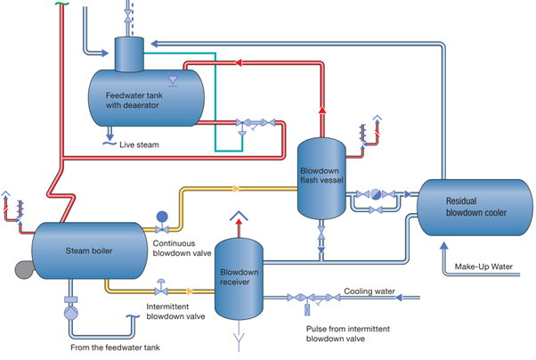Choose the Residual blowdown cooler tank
point(469,208)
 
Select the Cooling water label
point(368,290)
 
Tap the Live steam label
point(142,141)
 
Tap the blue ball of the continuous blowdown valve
point(161,216)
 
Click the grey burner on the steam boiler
point(20,266)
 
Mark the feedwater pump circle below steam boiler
point(70,314)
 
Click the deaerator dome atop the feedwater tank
point(132,53)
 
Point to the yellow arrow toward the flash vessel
point(235,189)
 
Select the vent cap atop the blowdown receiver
point(238,216)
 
